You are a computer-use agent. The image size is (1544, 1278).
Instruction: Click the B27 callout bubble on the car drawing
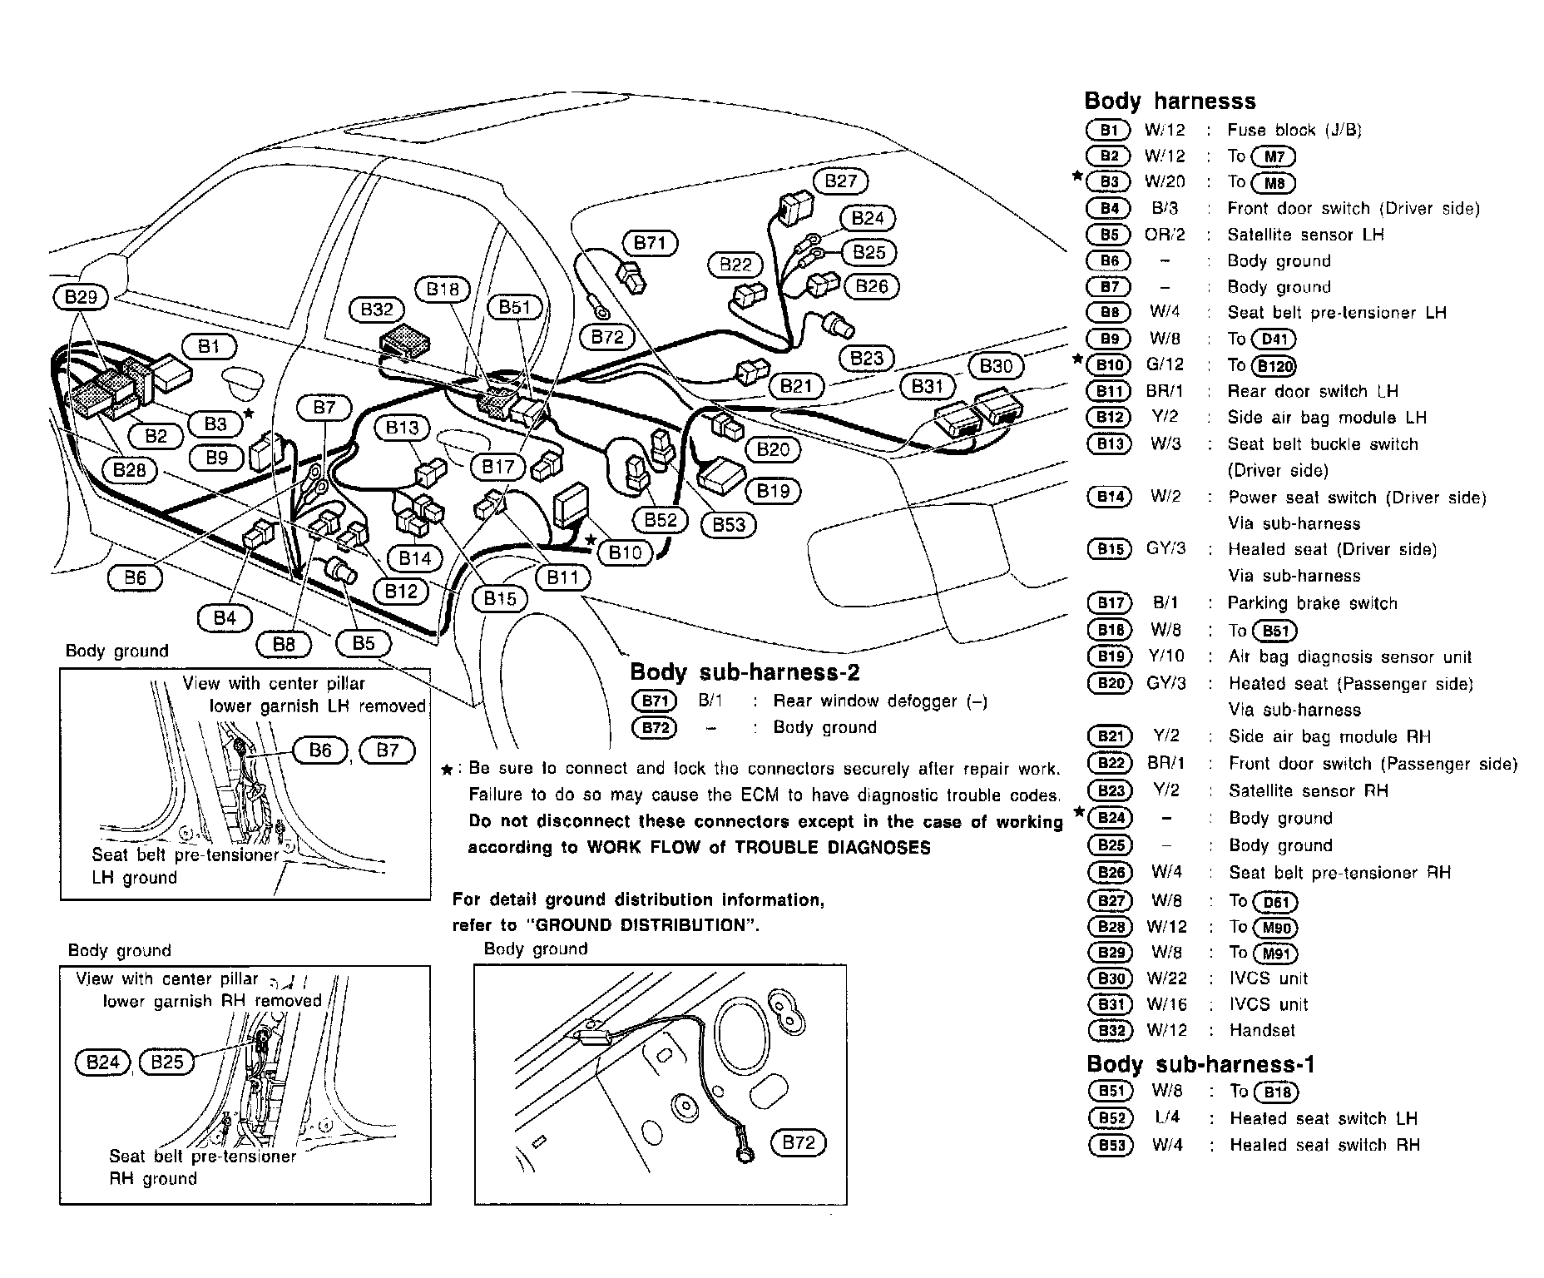coord(840,181)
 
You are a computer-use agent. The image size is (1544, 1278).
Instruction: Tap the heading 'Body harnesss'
coord(1170,102)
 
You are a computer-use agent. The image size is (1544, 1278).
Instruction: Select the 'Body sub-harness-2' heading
coord(745,672)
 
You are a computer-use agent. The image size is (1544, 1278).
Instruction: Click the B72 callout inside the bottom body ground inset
coord(799,1142)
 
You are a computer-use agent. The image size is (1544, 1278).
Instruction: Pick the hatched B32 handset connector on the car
coord(405,343)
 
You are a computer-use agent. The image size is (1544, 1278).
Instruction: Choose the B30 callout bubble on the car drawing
coord(996,366)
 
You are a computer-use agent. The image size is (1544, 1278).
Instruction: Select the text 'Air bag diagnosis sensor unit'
coord(1349,656)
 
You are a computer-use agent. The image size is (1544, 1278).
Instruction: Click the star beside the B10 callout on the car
coord(591,540)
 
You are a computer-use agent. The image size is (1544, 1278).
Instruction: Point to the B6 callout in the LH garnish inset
coord(320,750)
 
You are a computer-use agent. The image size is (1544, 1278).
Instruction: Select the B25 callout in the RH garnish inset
coord(167,1062)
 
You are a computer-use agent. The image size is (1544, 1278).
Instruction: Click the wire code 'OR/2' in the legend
coord(1165,235)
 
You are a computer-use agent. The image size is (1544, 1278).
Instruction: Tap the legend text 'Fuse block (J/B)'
coord(1294,130)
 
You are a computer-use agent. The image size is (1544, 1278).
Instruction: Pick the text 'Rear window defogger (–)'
coord(880,701)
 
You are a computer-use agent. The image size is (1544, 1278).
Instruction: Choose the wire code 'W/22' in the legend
coord(1166,978)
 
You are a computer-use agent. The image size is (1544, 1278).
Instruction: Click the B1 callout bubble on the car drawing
coord(208,346)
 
